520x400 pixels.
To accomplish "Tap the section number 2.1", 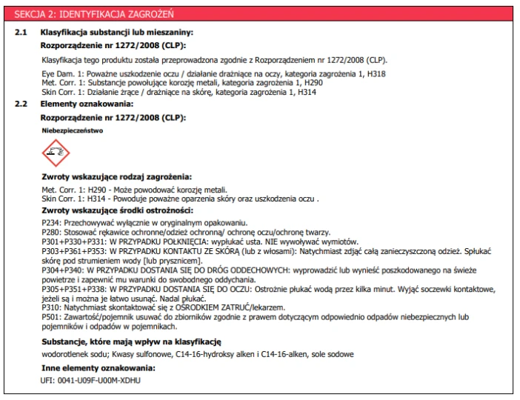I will [x=21, y=33].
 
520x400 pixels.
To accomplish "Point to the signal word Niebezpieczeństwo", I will [x=72, y=130].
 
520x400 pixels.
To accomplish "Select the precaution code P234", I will [x=52, y=222].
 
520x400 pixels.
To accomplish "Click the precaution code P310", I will [x=52, y=307].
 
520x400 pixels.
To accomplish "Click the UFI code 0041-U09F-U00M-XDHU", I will [x=100, y=380].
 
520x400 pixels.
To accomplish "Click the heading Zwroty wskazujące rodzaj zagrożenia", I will [x=116, y=177].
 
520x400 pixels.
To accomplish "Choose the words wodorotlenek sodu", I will [x=69, y=354].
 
